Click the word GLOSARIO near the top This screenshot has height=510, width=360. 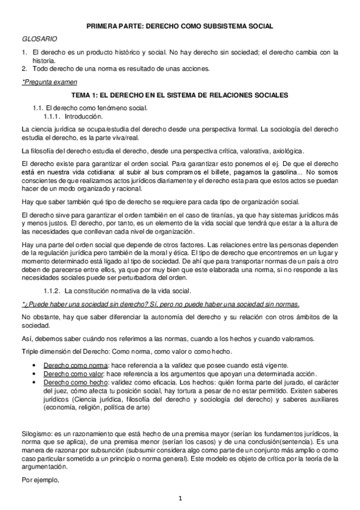(36, 38)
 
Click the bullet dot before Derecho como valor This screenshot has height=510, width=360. (38, 374)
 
